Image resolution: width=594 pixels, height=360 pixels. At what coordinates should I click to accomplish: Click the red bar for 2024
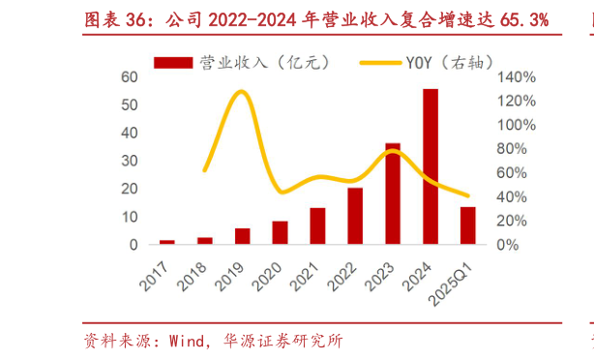(431, 166)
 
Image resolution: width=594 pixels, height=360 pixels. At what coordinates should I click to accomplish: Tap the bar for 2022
(355, 216)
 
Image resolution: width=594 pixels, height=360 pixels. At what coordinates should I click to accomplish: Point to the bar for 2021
(317, 225)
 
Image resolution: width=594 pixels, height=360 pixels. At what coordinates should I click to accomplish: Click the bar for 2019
(243, 236)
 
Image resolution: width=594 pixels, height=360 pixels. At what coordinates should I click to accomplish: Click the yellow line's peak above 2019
(241, 92)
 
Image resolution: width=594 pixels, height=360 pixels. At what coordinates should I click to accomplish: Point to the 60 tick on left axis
(129, 76)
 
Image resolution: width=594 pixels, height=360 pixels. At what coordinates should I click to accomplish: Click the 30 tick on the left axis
(129, 161)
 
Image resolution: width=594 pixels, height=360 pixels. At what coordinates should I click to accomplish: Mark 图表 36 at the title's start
(109, 18)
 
